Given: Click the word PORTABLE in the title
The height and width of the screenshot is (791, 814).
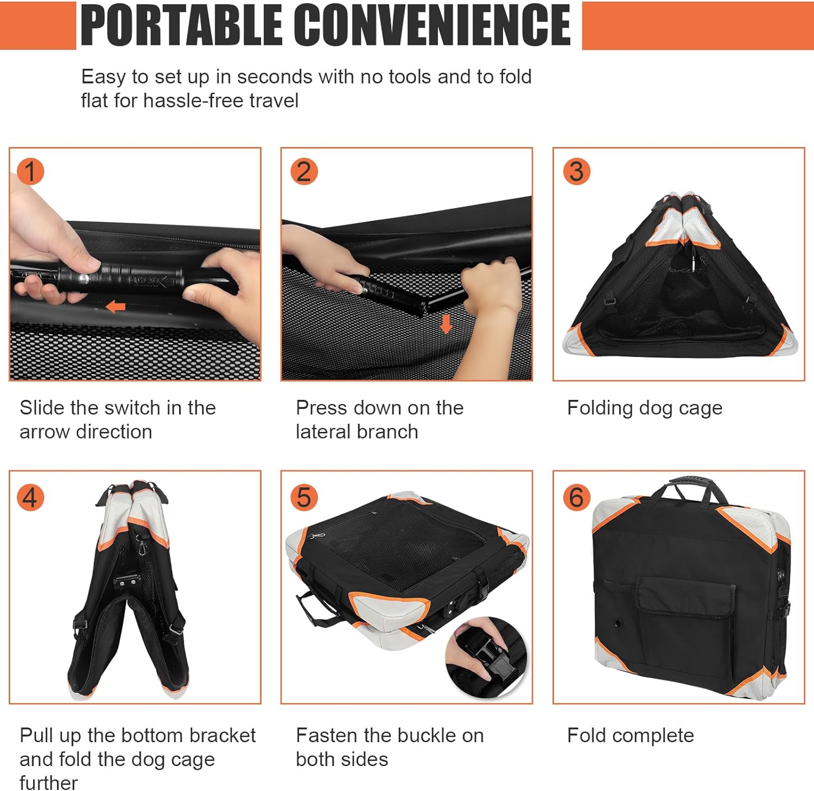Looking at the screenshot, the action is coord(181,24).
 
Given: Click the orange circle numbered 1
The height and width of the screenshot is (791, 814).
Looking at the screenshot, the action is coord(30,171).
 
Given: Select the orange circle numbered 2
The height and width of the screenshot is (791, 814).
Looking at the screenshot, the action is coord(304,171).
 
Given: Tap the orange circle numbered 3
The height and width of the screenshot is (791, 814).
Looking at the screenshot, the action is coord(576,171).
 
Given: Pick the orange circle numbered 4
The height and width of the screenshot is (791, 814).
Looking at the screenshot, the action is coord(30,497).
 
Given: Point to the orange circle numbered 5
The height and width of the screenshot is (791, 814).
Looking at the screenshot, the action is coord(304,497).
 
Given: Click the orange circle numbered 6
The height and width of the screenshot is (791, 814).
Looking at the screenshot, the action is coord(576,497).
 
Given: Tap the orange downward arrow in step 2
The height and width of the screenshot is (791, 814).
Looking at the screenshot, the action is coord(446,324).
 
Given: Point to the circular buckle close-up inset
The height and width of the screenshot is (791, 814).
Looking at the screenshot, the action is coord(486,657).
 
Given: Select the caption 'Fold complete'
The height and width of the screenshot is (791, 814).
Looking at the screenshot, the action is coord(631,735).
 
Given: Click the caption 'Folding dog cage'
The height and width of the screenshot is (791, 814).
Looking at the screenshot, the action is coord(645,408).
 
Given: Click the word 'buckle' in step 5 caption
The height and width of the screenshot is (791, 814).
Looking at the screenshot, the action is coord(411,735).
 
